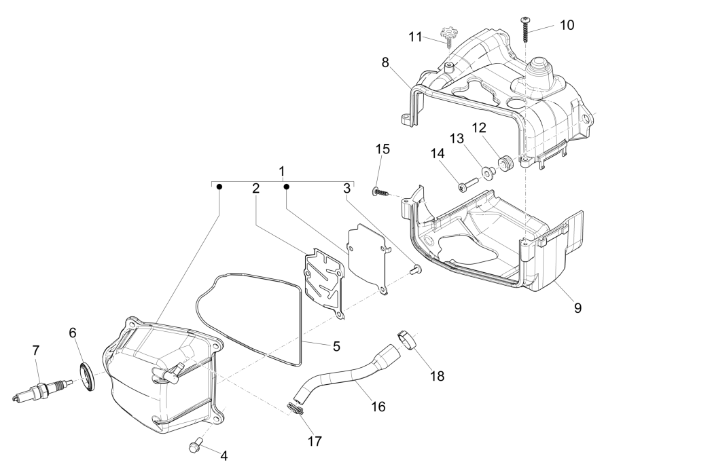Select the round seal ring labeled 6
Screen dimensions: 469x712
tap(88, 377)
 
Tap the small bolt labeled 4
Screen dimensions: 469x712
tap(195, 445)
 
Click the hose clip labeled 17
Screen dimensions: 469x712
tap(293, 408)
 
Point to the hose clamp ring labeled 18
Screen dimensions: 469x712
tap(406, 337)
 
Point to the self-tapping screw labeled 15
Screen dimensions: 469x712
tap(380, 192)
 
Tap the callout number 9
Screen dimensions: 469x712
tap(577, 307)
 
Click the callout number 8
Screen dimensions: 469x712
tap(385, 62)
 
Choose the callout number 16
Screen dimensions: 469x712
tap(378, 406)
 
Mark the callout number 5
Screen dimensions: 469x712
tap(336, 346)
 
